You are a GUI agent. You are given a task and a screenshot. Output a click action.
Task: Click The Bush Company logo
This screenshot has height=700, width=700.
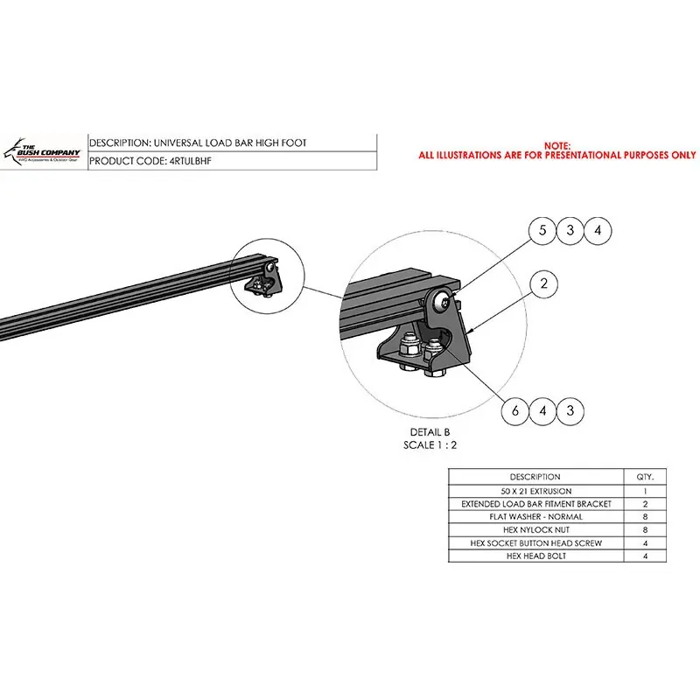coord(42,152)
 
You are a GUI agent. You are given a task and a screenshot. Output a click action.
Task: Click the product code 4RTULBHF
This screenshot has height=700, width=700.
coord(191,161)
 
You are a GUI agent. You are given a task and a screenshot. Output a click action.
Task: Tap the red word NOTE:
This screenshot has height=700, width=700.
coord(557,145)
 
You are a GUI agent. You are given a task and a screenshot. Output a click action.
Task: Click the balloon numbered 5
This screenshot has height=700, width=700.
coord(542,231)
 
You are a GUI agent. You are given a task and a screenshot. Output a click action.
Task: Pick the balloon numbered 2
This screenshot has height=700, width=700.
coord(543,283)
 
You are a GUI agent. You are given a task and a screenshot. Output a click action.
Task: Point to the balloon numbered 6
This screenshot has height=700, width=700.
coord(515,410)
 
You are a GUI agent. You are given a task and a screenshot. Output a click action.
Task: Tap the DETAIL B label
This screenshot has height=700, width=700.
coord(430,432)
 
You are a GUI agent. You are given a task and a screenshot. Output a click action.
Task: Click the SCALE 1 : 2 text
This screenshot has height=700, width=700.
coord(430,445)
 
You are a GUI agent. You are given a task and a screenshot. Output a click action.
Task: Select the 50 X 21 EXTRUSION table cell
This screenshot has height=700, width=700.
coord(535,491)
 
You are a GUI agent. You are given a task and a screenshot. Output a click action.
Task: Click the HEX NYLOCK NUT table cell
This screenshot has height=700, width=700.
coord(535,530)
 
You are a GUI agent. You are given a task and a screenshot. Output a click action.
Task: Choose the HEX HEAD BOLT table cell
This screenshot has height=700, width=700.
coord(535,556)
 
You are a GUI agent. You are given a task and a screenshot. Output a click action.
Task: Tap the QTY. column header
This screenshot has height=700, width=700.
coord(645,477)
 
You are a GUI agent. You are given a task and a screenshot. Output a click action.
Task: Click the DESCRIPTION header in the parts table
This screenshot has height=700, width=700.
coord(535,477)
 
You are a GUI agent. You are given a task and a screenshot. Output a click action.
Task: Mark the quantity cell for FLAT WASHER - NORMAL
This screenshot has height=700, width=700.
coord(645,517)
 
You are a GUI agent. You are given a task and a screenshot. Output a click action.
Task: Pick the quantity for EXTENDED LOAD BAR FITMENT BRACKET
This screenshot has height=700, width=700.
coord(645,504)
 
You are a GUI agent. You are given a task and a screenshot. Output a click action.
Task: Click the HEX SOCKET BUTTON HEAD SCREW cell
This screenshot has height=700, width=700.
coord(535,543)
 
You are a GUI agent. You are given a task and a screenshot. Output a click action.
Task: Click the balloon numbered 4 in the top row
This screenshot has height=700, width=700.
coord(598,231)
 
